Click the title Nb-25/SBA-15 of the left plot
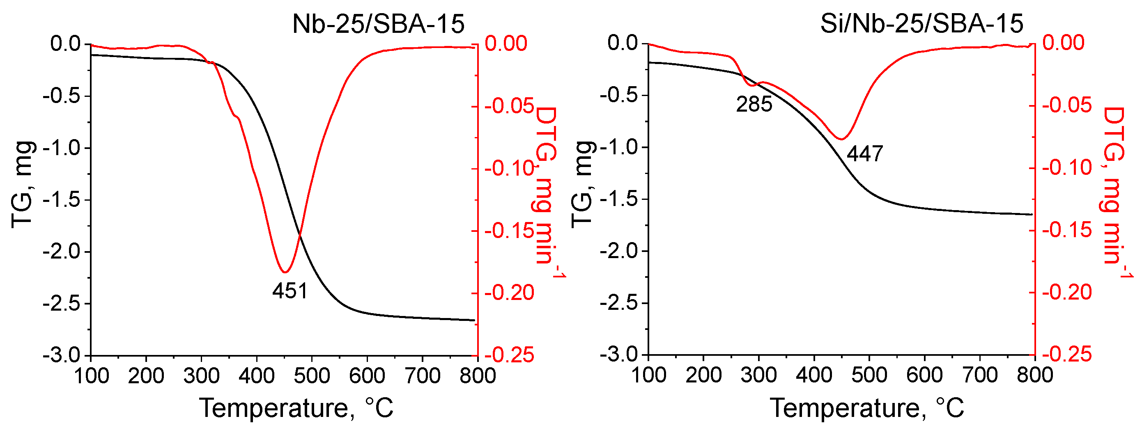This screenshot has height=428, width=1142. pos(378,24)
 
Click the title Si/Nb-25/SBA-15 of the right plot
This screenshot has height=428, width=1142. pos(921,23)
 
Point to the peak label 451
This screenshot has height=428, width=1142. pos(290,291)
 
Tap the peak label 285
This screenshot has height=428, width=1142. pos(754,105)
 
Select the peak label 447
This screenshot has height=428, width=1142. pos(865,154)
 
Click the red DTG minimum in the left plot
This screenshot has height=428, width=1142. pos(285,272)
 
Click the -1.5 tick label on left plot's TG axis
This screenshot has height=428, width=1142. pos(61,200)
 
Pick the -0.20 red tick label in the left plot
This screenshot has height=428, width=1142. pos(509,293)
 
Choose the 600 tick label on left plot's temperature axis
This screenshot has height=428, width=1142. pos(367,376)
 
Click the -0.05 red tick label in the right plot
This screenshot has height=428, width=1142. pos(1066,105)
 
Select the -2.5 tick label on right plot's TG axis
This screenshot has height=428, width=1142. pos(618,304)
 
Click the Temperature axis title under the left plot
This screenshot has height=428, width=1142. pos(296,407)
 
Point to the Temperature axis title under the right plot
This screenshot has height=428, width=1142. pos(867,407)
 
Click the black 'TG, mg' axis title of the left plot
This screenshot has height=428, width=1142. pos(22,185)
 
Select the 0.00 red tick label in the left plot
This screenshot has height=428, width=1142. pos(506,43)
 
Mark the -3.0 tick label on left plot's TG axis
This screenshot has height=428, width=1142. pos(61,356)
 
